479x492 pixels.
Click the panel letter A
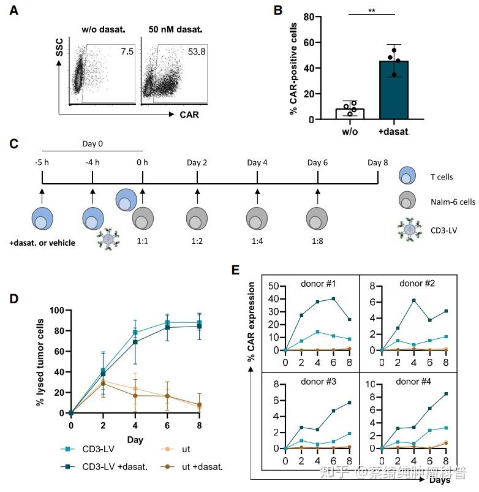pyautogui.click(x=14, y=10)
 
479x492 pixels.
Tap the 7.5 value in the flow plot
pyautogui.click(x=127, y=51)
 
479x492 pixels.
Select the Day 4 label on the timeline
pyautogui.click(x=257, y=162)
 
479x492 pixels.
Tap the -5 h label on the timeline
pyautogui.click(x=42, y=162)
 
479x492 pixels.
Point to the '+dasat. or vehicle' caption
pyautogui.click(x=42, y=243)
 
